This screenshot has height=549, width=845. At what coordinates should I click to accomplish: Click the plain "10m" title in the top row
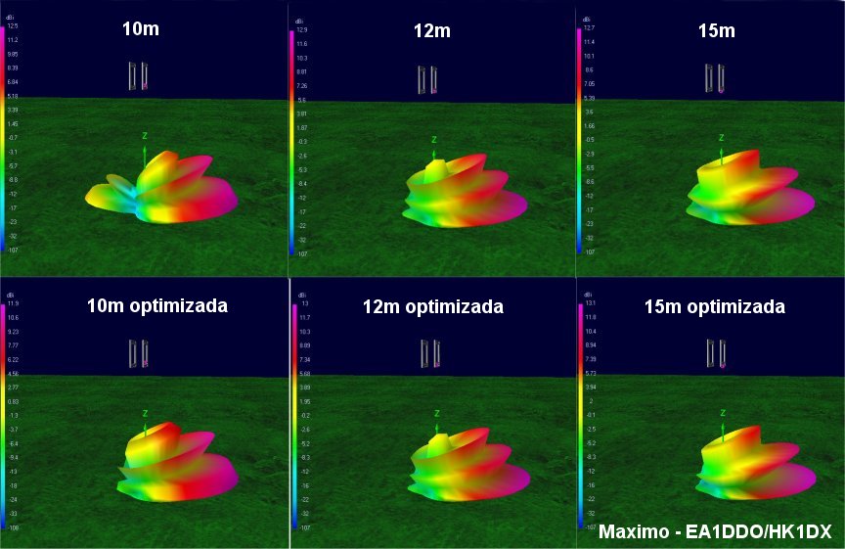140,28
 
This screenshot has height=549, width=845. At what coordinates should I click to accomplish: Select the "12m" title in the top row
431,31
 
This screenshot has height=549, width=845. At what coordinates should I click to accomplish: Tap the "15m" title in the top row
717,31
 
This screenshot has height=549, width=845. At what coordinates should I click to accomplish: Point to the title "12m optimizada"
432,307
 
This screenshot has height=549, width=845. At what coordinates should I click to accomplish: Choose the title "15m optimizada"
714,307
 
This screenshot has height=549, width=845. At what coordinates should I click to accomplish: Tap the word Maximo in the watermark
630,532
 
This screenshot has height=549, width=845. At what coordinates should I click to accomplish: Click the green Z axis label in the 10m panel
145,135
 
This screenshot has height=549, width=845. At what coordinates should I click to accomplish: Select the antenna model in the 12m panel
426,79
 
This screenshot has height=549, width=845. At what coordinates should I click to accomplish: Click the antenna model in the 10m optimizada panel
139,353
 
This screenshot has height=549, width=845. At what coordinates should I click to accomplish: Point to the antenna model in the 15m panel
715,77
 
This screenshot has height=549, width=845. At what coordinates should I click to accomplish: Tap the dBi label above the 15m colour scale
585,18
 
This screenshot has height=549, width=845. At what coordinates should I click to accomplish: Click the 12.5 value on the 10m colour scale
13,26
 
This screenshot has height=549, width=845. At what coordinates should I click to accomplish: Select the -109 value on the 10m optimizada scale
13,526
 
